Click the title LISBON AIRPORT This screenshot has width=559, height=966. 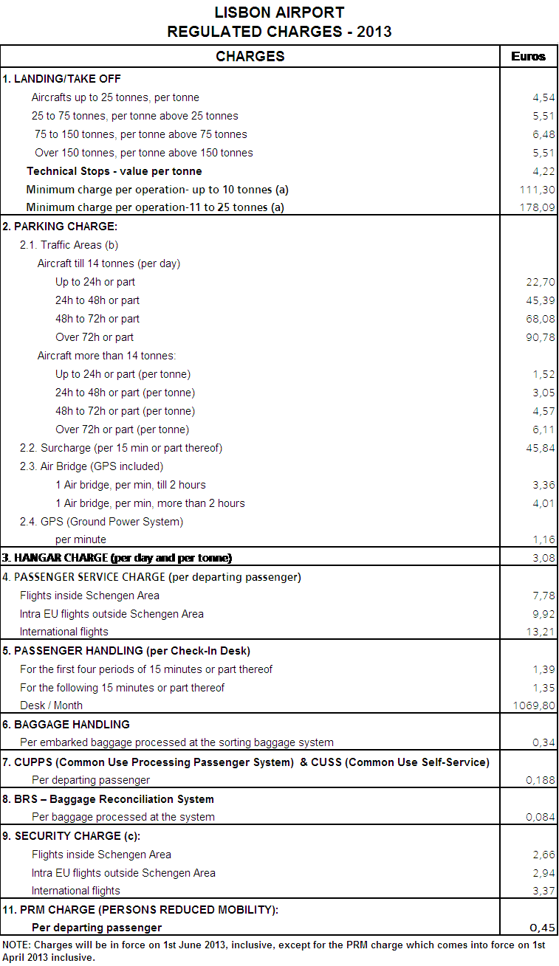click(279, 13)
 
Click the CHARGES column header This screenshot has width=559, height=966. click(250, 57)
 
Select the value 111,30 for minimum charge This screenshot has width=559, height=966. click(537, 190)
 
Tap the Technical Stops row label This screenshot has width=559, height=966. click(114, 171)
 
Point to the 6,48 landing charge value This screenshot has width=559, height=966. click(543, 134)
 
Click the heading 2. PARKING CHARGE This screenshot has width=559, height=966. click(61, 227)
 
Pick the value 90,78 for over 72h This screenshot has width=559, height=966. click(540, 337)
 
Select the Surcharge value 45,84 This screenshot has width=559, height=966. click(540, 448)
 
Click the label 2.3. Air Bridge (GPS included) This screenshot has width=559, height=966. click(92, 466)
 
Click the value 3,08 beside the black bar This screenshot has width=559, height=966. click(543, 558)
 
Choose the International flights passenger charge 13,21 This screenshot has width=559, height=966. click(540, 632)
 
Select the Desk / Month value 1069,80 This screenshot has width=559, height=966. click(534, 705)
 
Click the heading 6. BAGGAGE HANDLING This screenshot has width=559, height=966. click(66, 725)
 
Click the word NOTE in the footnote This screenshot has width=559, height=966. click(16, 945)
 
